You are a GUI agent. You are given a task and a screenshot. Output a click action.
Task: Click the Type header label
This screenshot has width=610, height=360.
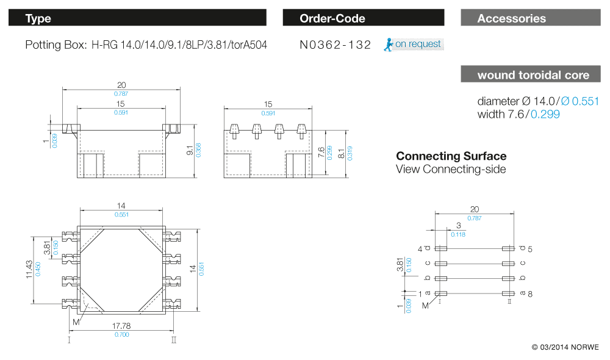[38, 18]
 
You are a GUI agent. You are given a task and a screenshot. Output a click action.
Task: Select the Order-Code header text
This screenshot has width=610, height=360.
[332, 18]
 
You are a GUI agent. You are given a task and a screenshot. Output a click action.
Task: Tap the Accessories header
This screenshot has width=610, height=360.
[511, 18]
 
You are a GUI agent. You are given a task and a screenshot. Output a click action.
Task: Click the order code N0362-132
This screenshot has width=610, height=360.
[335, 45]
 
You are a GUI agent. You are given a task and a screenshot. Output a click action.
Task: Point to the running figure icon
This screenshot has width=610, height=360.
[388, 45]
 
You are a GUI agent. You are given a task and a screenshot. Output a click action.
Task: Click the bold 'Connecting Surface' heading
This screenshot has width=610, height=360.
[451, 156]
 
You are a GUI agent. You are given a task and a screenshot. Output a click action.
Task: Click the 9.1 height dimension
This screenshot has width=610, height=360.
[190, 149]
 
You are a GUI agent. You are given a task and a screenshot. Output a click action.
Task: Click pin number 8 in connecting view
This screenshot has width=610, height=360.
[530, 293]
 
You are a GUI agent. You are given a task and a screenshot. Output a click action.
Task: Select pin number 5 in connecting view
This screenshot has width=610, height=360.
[530, 249]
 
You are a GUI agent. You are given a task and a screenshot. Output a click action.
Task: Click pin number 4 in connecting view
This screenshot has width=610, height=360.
[420, 249]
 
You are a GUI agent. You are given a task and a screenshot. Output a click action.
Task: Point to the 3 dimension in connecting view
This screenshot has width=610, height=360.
[457, 225]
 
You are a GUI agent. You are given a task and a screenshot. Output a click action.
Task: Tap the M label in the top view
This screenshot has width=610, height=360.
[76, 322]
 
